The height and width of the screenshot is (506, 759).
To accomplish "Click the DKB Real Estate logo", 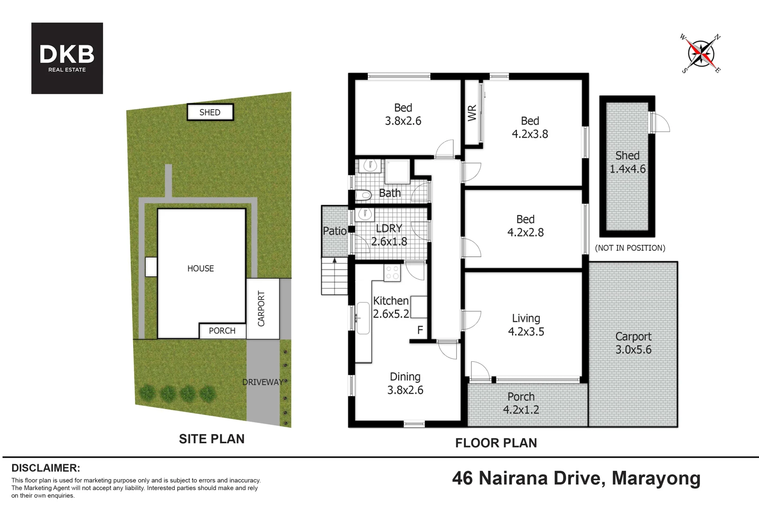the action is (67, 58).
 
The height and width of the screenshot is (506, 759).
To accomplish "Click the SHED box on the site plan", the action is (210, 112).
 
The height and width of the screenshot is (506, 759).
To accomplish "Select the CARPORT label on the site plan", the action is (261, 308).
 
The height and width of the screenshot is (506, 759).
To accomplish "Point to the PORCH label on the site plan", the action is (222, 331).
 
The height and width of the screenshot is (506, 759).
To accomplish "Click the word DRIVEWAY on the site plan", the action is (262, 382).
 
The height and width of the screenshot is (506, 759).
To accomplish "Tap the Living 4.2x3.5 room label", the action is (526, 325).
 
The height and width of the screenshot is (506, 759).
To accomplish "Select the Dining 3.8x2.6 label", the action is (405, 383).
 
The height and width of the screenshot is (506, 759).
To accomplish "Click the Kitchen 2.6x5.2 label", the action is (391, 307).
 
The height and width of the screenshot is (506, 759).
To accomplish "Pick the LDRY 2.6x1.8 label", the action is (389, 235).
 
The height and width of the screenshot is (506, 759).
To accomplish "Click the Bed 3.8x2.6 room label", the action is (403, 114).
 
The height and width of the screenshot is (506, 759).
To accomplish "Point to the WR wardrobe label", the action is (472, 113).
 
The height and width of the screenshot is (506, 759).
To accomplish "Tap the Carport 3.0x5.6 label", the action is (633, 343).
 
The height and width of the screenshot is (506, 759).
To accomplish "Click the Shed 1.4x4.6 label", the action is (627, 162).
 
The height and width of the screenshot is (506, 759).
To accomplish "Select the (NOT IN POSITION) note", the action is (630, 248).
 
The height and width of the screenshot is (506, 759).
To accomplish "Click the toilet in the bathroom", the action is (363, 195).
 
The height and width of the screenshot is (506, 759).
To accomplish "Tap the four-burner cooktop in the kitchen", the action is (392, 273).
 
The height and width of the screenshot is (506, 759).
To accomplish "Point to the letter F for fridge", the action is (420, 330).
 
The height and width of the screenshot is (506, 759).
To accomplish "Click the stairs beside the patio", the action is (335, 276).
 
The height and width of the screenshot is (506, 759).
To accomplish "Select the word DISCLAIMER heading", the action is (46, 468).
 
